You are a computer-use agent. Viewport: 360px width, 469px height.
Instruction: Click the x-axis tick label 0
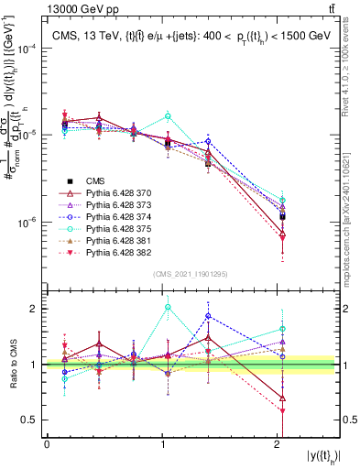click(x=47, y=442)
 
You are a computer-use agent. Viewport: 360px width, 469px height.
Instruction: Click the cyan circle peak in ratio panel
click(x=167, y=308)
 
